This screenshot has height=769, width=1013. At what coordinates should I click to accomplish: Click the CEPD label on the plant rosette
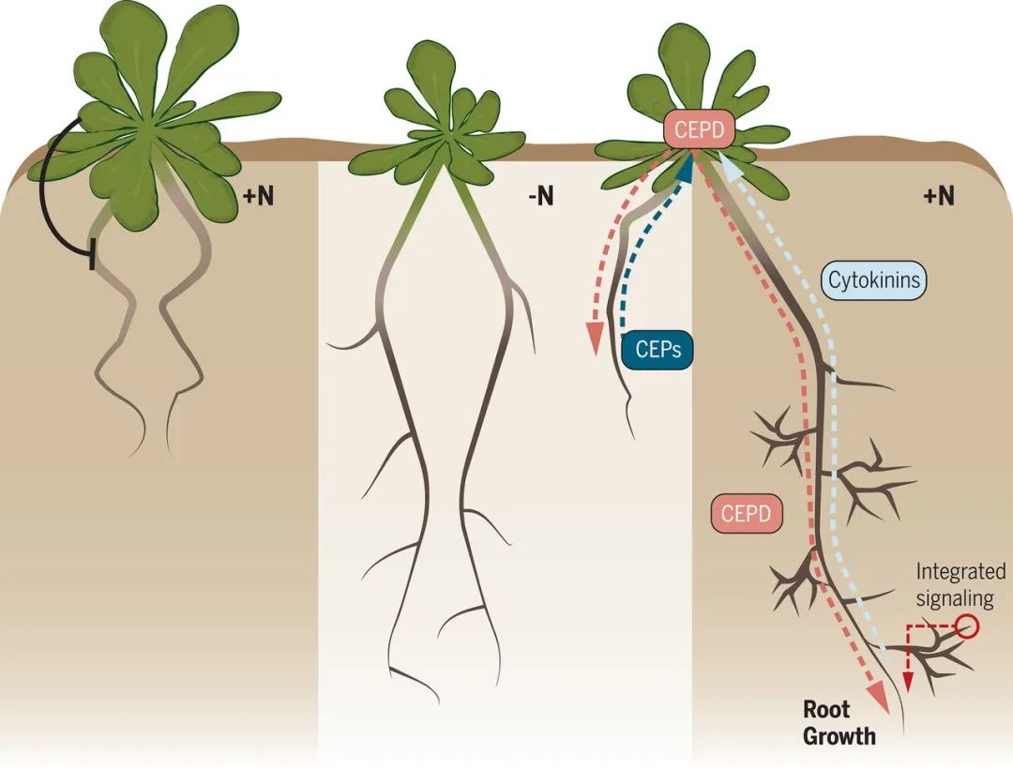click(x=699, y=130)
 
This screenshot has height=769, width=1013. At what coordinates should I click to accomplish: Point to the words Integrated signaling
click(x=960, y=582)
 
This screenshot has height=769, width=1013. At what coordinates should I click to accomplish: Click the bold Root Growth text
click(x=839, y=724)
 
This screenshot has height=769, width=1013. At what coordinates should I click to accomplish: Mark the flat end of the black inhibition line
click(x=92, y=254)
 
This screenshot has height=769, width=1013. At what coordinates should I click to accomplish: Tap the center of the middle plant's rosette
click(x=451, y=137)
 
